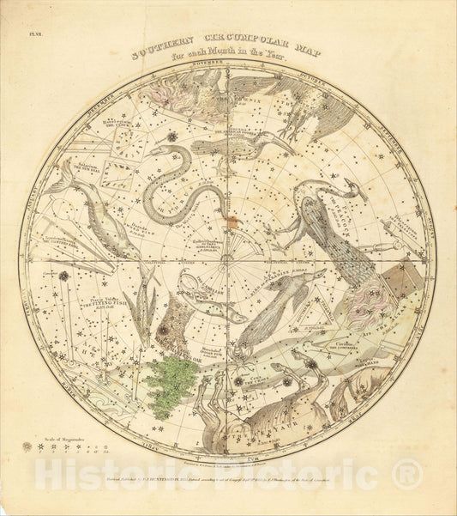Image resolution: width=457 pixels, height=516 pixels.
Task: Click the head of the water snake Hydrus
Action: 159,151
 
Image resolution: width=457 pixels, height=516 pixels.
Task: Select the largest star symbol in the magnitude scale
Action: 27,447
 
